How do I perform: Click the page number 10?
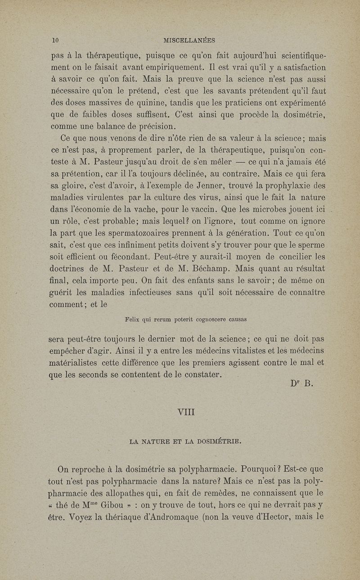pos(56,40)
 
